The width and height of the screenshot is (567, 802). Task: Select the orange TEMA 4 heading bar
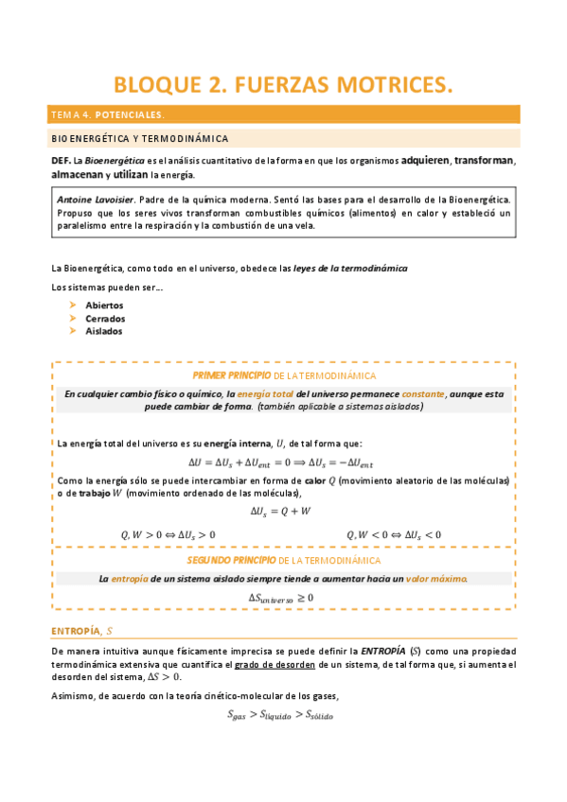pos(283,114)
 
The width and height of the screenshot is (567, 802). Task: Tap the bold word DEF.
pos(61,160)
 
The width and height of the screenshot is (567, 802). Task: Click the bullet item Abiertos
pos(104,305)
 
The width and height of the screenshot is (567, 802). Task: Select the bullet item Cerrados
pos(104,319)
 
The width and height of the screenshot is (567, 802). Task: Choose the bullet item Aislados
pos(103,331)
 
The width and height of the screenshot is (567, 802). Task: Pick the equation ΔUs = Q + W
pos(280,511)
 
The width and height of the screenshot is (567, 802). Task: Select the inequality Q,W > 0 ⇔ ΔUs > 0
pos(168,534)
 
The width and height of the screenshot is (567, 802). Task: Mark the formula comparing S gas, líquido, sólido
pos(280,715)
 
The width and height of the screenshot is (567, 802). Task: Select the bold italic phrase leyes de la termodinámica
pos(350,269)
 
